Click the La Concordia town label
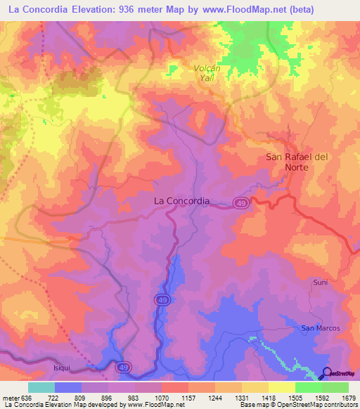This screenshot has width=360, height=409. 181,201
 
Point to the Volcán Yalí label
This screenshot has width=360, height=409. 208,73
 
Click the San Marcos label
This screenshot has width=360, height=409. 321,328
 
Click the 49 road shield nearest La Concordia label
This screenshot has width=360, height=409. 240,202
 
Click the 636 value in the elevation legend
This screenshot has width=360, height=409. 27,398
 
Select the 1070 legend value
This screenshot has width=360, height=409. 160,398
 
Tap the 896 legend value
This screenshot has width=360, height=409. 107,398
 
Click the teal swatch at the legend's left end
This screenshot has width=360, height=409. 41,387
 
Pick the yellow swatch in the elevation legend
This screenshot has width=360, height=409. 281,387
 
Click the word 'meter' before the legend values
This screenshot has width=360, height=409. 10,398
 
